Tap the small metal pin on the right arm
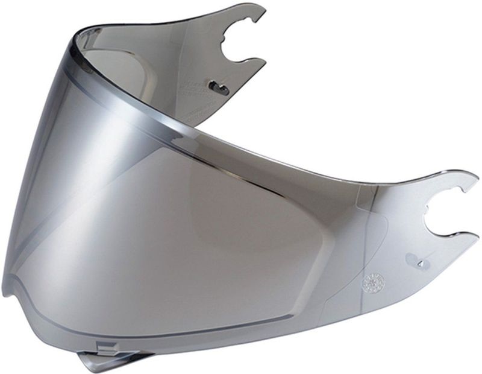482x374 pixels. (x=419, y=264)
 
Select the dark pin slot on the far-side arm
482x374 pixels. (x=218, y=88)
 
